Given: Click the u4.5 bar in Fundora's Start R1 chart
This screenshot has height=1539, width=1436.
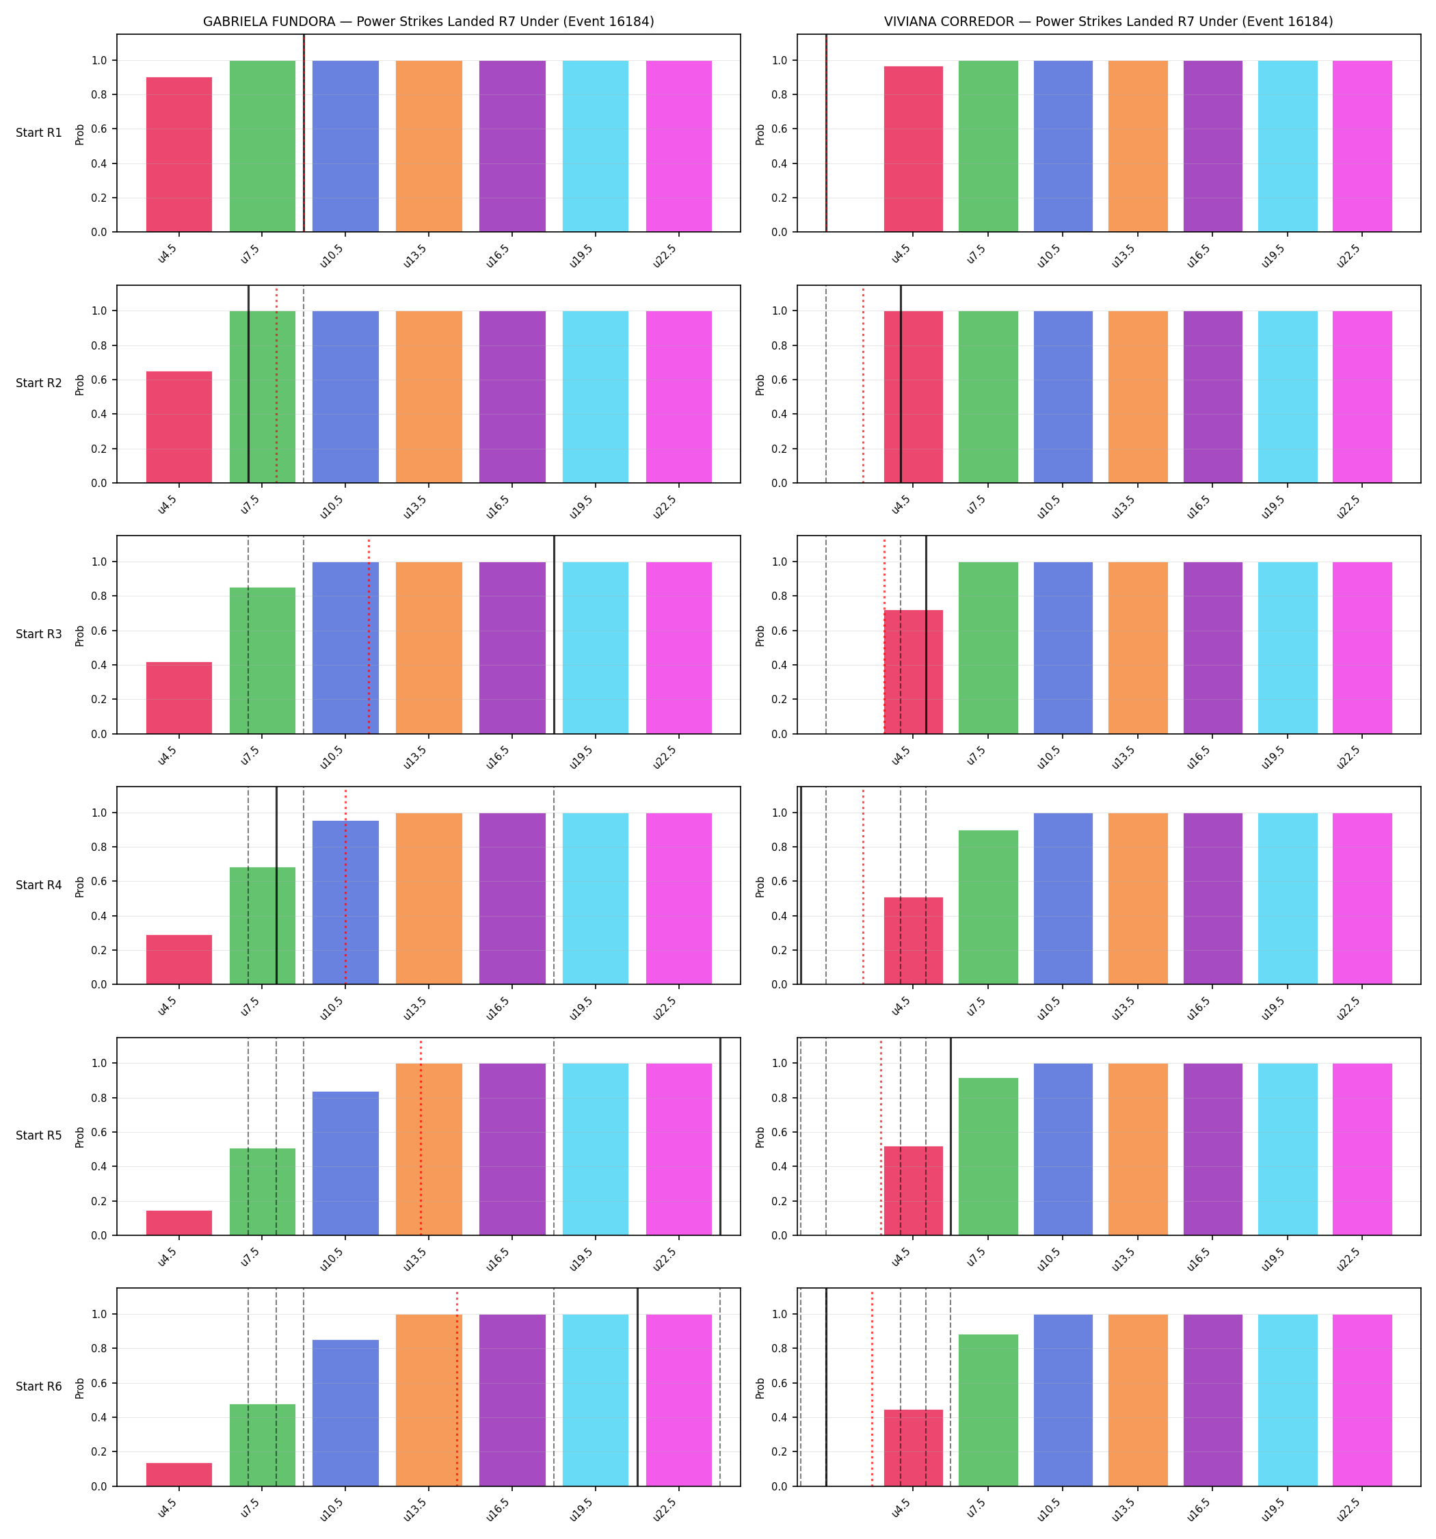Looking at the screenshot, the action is (179, 154).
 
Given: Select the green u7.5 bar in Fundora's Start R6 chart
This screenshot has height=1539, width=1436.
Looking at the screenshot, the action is (263, 1445).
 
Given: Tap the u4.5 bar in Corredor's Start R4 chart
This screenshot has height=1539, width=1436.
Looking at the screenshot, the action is (914, 941).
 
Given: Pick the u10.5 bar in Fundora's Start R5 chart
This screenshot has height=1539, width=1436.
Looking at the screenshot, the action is (345, 1163).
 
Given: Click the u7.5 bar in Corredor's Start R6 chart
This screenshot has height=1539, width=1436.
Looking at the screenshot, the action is (988, 1410).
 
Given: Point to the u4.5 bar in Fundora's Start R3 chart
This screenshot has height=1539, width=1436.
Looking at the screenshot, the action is (179, 698).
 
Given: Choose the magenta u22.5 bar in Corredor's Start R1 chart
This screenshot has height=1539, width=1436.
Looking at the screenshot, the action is (1361, 146).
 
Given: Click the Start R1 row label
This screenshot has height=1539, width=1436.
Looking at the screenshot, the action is (39, 133).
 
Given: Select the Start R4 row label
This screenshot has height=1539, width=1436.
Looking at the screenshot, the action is (39, 885).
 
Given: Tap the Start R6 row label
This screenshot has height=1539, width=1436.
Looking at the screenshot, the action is (39, 1386).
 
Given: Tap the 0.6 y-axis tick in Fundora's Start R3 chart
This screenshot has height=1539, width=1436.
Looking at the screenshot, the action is (98, 631).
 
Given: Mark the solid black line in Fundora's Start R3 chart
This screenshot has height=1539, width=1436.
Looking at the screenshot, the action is (555, 635).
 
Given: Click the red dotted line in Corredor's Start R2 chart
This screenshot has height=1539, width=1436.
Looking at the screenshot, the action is (863, 384).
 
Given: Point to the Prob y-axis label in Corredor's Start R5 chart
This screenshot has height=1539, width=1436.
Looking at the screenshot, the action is (760, 1136).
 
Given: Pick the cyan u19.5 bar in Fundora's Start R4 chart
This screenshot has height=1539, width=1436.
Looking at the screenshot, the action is (596, 898).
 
